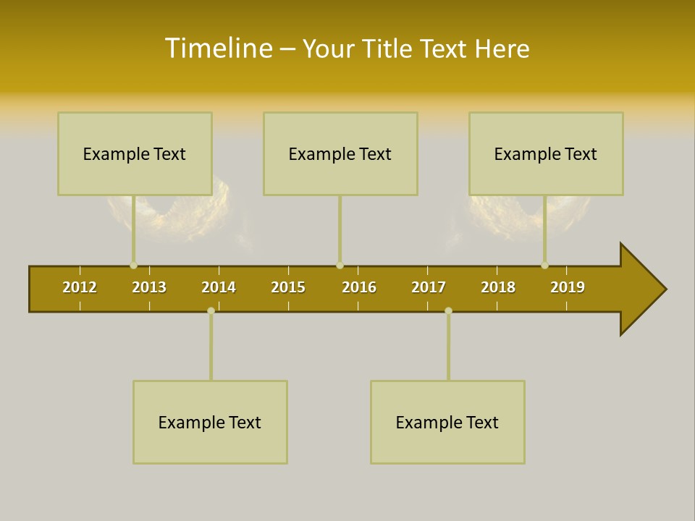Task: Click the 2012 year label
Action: click(80, 287)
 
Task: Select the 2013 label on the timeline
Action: click(149, 287)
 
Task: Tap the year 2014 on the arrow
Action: click(219, 287)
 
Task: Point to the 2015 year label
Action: click(288, 287)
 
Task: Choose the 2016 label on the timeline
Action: click(359, 287)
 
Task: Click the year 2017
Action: click(429, 287)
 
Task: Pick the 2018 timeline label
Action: click(498, 287)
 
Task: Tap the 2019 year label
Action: click(568, 287)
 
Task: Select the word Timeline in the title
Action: click(218, 48)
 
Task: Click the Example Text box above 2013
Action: click(135, 153)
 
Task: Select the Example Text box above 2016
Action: click(340, 153)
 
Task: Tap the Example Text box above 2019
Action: click(546, 153)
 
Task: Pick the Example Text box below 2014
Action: click(210, 422)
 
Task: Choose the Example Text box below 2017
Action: click(447, 422)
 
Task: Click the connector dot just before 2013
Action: click(133, 266)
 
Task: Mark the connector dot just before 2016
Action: click(340, 266)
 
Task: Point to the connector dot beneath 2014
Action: click(211, 310)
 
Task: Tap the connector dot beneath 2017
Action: click(448, 310)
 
